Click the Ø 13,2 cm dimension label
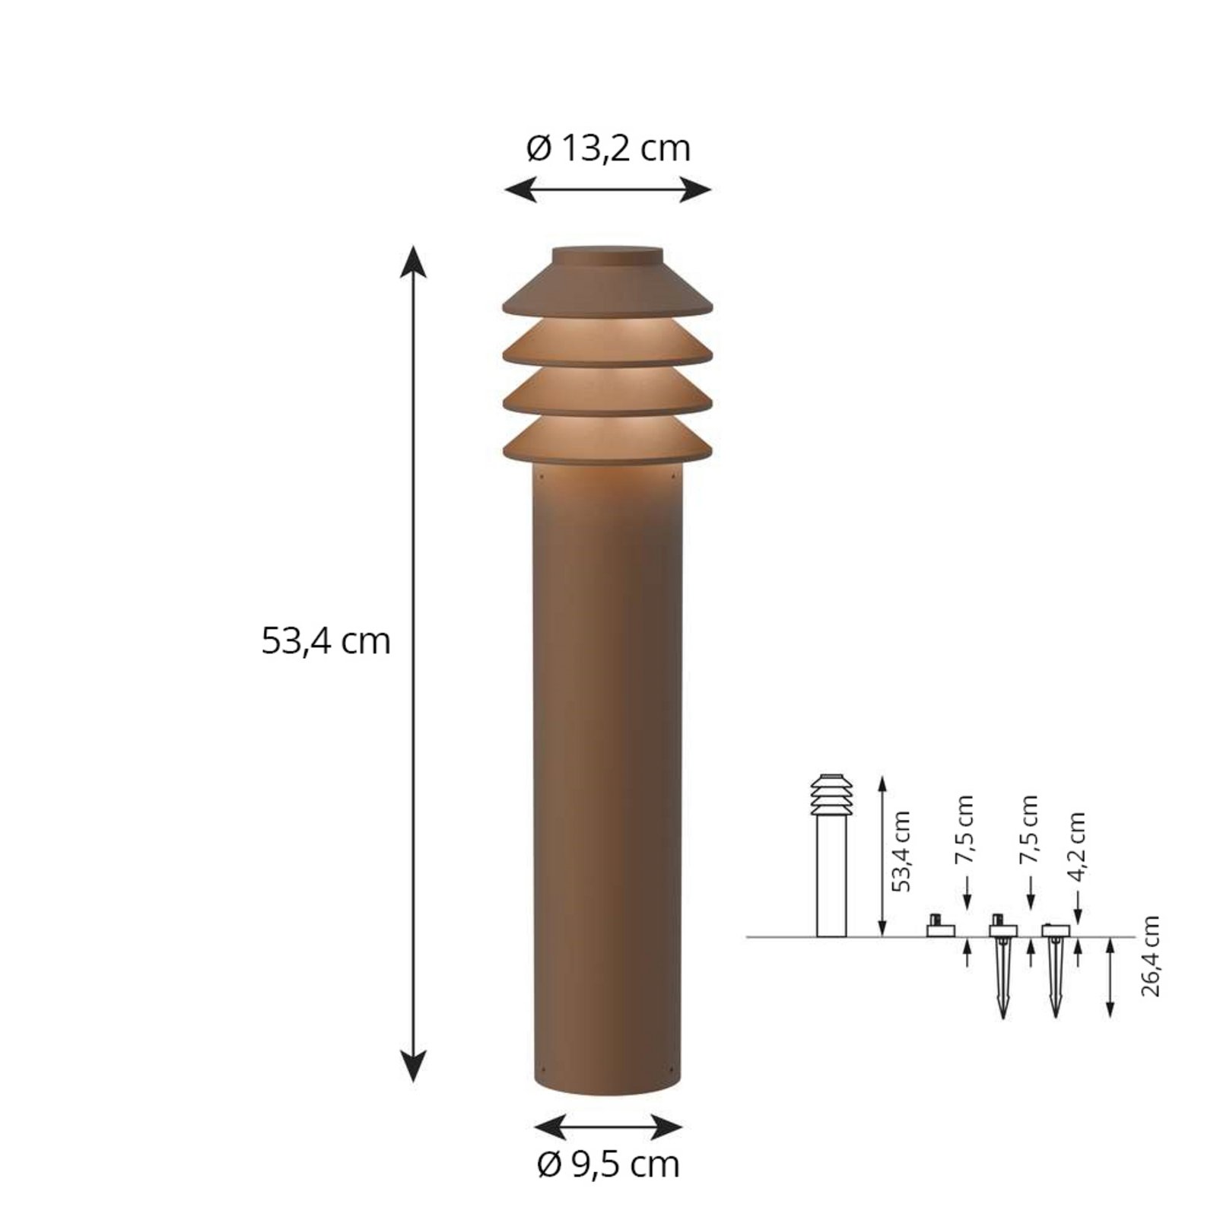click(608, 148)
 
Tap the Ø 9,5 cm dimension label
click(608, 1165)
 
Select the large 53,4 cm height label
click(326, 640)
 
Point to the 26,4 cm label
click(1150, 956)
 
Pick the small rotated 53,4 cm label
click(901, 851)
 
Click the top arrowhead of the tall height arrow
click(413, 260)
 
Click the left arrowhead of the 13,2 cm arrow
click(520, 189)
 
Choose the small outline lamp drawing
click(831, 856)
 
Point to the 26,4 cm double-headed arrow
click(1110, 977)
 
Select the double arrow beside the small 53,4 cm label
click(882, 856)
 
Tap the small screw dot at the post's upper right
click(673, 477)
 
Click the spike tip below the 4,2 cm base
click(1054, 1013)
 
